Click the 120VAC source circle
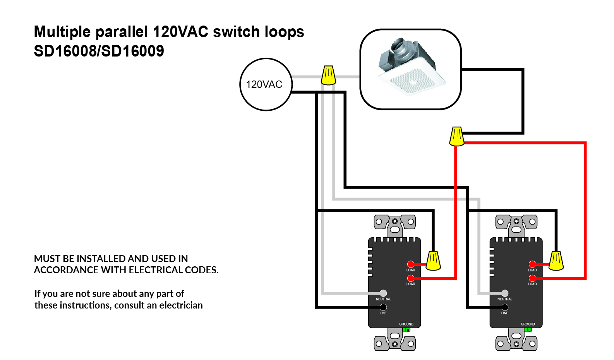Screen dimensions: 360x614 click(x=266, y=84)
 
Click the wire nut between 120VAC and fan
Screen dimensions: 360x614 click(x=328, y=75)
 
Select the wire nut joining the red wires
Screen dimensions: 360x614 click(x=456, y=136)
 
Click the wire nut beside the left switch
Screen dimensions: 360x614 click(x=433, y=261)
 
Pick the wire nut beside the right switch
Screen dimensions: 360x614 click(x=556, y=261)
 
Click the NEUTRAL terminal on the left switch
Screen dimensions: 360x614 click(x=383, y=293)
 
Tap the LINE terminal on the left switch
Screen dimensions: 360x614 click(x=383, y=307)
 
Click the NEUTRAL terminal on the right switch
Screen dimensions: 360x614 click(x=505, y=293)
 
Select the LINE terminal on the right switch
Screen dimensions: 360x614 click(x=505, y=307)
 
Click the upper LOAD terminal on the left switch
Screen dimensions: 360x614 click(x=411, y=264)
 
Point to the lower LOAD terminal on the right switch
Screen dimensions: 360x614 click(x=532, y=278)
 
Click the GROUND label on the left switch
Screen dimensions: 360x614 click(x=406, y=324)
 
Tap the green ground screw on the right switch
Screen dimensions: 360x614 click(x=528, y=330)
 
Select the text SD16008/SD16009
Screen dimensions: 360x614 click(x=99, y=51)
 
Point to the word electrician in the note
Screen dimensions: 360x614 click(x=181, y=305)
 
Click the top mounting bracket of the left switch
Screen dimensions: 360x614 click(x=394, y=224)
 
